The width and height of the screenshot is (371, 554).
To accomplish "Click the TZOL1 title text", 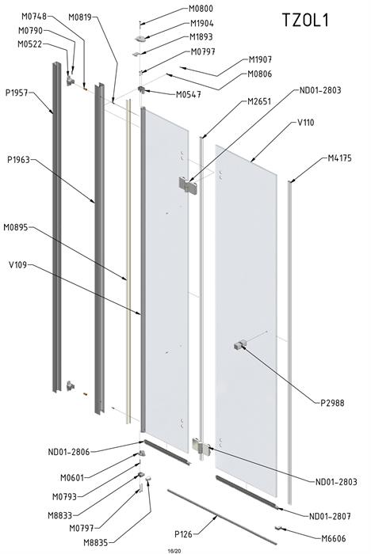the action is [305, 20].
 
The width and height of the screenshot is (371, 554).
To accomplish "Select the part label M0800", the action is [201, 8].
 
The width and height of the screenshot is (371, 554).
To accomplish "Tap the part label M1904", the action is [202, 23].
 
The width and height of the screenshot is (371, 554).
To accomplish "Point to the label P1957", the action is [17, 93].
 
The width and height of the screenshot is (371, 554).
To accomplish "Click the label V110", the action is [305, 123].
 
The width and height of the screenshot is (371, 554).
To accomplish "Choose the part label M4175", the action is [339, 158].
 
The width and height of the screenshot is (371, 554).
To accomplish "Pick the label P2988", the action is [332, 403].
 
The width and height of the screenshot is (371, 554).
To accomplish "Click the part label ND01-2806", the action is [69, 452].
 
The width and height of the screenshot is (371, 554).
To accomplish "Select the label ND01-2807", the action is [330, 516].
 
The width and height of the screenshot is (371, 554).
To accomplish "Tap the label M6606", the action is [334, 538].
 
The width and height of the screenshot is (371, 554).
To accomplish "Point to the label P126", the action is [183, 534].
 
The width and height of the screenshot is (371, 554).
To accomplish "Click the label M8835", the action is [96, 542].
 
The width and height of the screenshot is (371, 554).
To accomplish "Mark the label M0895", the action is [16, 227].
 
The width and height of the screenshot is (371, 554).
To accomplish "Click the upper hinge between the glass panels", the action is [188, 184].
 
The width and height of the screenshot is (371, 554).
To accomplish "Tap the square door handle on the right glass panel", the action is [240, 344].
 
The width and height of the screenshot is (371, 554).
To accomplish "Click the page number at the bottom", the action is [174, 551].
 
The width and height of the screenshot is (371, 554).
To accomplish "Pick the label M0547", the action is [189, 95].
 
